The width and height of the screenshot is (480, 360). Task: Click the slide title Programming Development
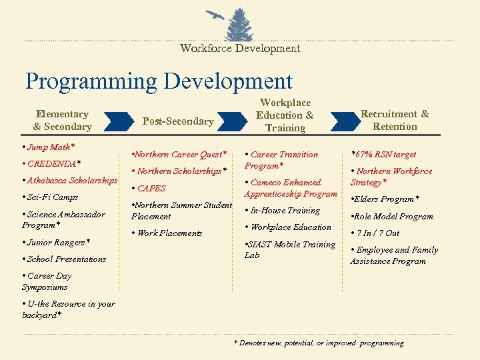click(x=159, y=81)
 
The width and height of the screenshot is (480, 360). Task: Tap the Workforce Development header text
click(x=240, y=48)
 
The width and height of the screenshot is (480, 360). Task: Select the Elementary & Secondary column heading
click(x=62, y=121)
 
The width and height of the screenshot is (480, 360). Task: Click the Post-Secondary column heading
click(x=178, y=121)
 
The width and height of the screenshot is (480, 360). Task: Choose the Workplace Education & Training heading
click(x=285, y=115)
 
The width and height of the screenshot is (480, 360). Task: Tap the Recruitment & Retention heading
click(x=395, y=121)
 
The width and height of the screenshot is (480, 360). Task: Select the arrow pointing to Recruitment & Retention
click(x=343, y=121)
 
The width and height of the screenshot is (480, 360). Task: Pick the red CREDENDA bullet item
click(x=52, y=163)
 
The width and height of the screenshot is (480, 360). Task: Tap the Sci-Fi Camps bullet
click(x=51, y=197)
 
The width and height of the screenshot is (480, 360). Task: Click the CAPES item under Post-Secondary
click(x=149, y=189)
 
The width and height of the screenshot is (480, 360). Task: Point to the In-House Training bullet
click(x=283, y=211)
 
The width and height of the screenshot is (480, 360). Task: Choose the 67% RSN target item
click(x=383, y=155)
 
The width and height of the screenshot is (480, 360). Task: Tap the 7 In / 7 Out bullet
click(x=375, y=233)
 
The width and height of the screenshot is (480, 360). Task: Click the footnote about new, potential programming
click(x=319, y=343)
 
